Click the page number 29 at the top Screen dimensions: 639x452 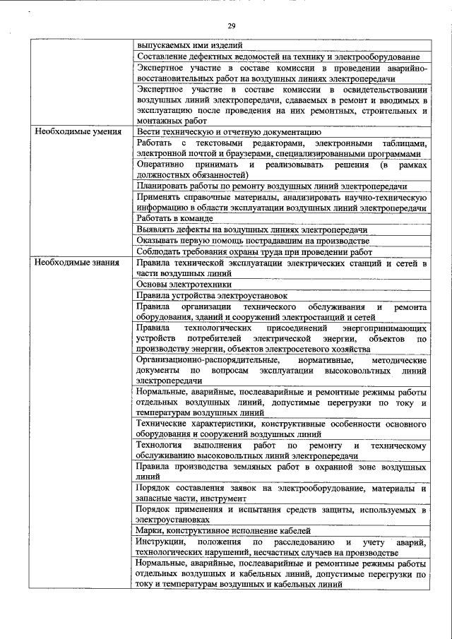[x=231, y=26]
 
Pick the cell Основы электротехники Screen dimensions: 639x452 [x=184, y=285]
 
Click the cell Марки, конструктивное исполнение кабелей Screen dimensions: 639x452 [x=223, y=530]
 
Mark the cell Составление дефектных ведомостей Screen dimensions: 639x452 [x=278, y=56]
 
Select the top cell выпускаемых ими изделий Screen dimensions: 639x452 [x=189, y=45]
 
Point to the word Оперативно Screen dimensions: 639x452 [x=162, y=165]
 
